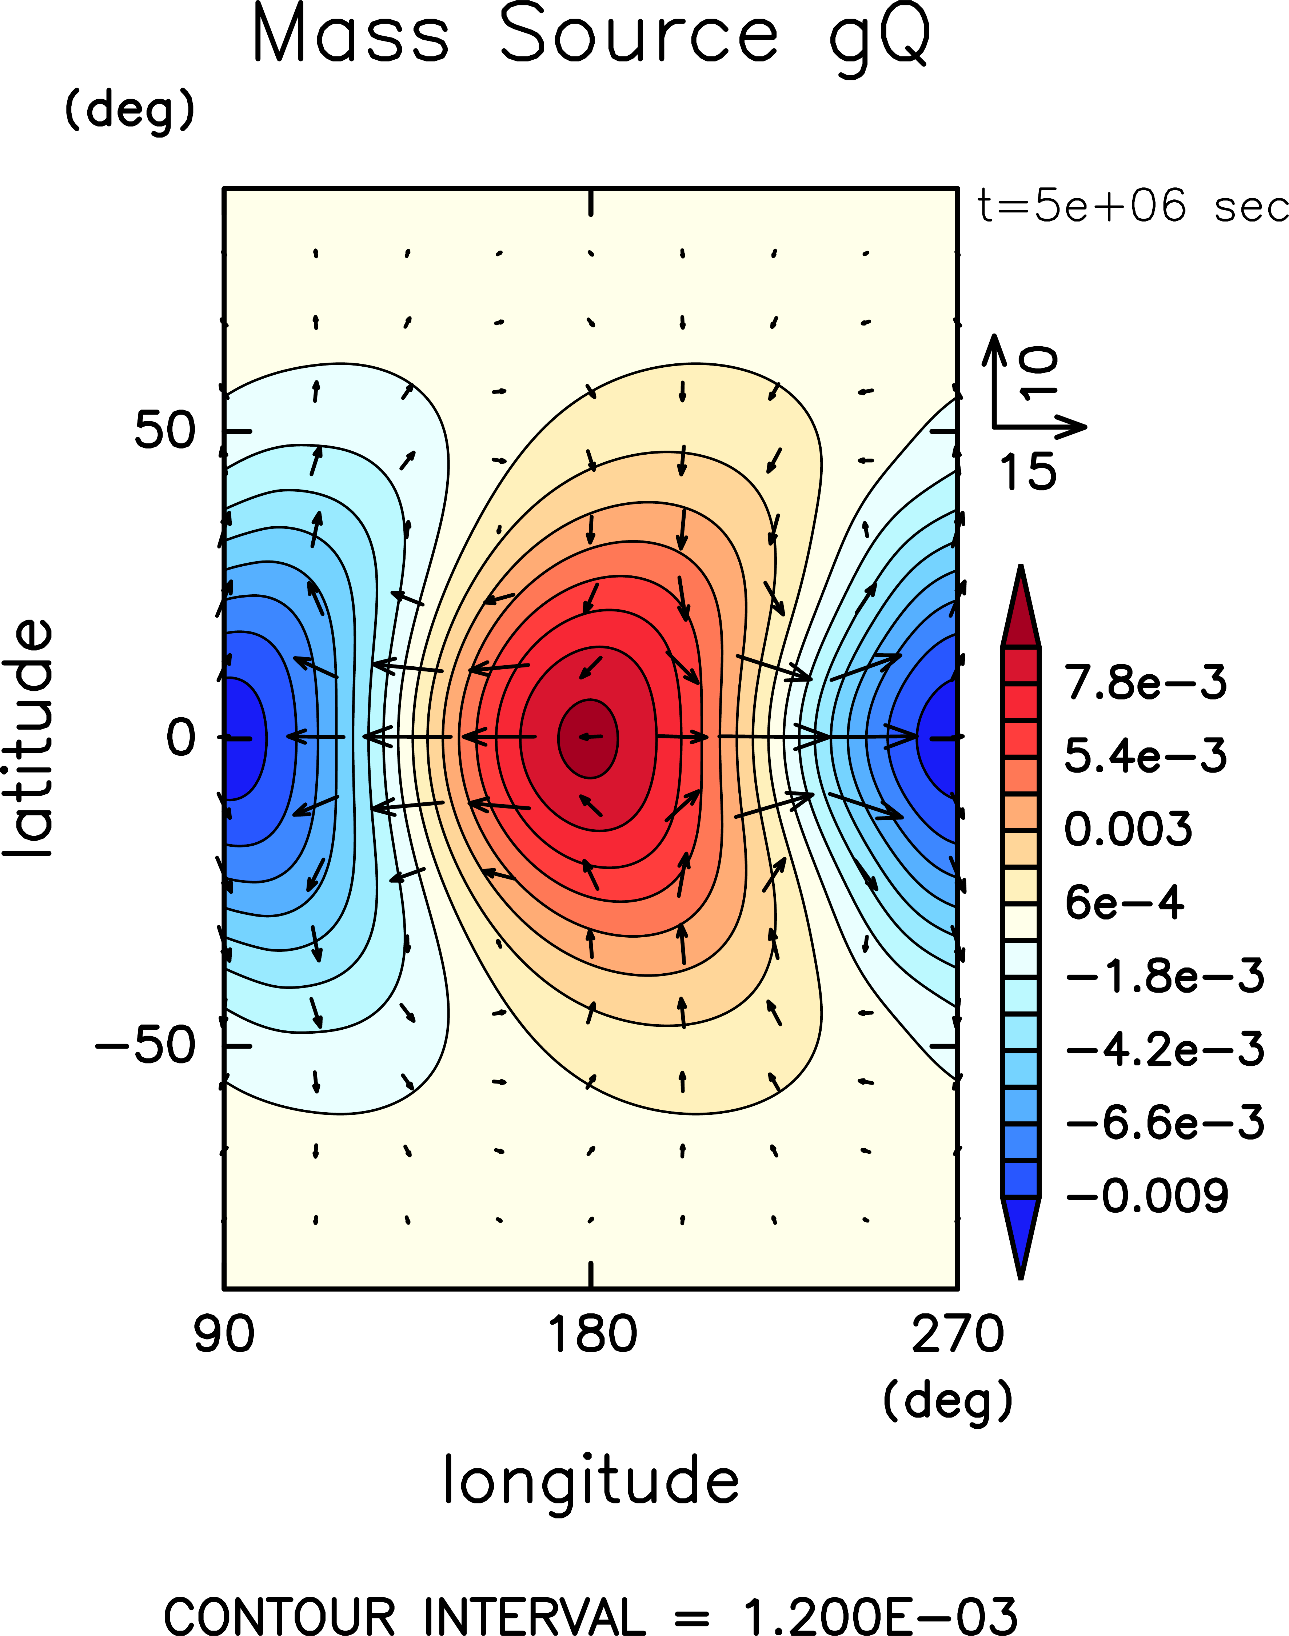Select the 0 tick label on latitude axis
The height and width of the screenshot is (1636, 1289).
(181, 737)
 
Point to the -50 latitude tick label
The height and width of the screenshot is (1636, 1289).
(145, 1046)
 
